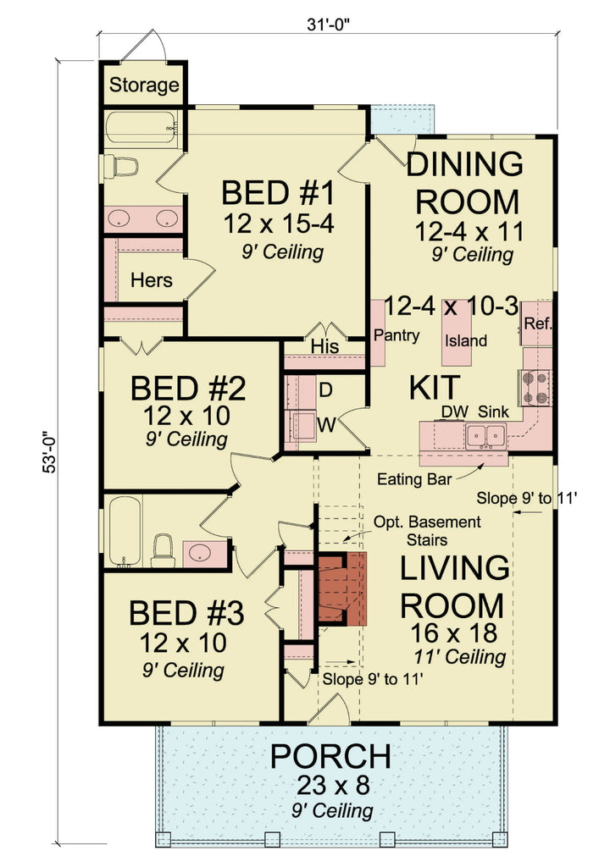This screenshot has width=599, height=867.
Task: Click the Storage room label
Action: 144,85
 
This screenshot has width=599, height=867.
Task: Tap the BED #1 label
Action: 278,193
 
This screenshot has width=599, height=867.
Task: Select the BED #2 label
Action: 188,389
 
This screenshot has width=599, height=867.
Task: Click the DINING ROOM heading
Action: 463,183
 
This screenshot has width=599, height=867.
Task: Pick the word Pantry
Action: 397,336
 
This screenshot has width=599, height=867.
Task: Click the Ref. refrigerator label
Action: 537,323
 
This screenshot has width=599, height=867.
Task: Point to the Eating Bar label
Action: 412,479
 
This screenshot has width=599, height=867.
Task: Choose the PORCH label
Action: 330,756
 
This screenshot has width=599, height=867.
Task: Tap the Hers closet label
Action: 151,280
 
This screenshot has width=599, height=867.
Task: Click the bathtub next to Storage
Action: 141,128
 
